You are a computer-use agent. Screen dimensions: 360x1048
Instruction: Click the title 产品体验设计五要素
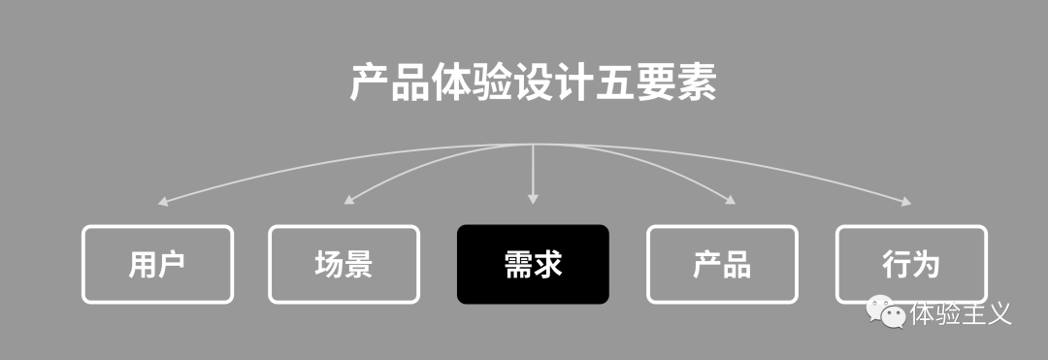533,84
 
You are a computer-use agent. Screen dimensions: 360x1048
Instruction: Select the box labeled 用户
157,264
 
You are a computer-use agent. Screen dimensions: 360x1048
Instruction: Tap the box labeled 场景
344,264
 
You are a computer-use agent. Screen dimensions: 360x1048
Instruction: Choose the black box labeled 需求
533,264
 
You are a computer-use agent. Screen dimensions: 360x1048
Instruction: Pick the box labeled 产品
722,264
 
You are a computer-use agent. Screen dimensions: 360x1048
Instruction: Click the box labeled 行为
911,264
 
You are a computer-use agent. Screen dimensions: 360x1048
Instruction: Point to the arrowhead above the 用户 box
162,203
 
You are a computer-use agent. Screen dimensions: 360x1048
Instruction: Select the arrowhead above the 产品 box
730,201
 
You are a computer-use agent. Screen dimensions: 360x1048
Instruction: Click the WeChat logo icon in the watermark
886,312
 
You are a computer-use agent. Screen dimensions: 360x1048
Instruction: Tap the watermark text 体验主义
961,313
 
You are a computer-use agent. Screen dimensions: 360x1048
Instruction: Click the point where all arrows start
533,145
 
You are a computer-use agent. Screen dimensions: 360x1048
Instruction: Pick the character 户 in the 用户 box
172,264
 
